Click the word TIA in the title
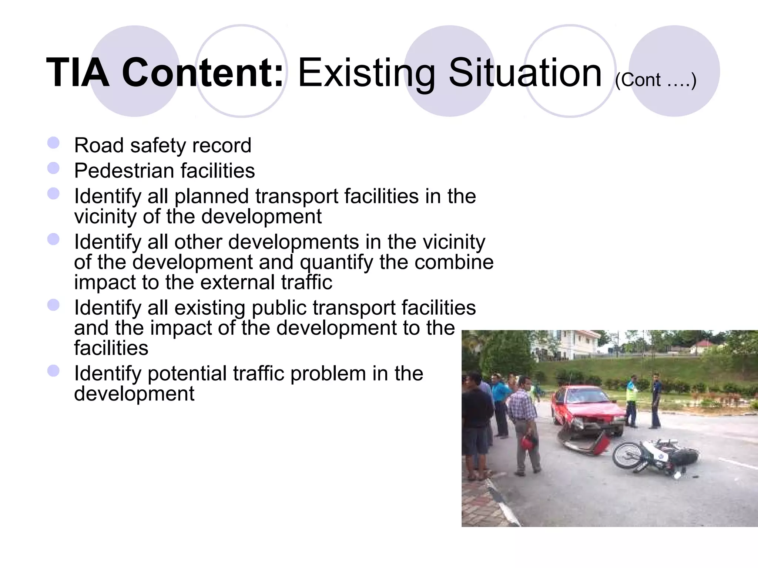pos(78,73)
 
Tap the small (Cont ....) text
pos(655,80)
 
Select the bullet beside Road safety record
pos(54,143)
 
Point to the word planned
pos(211,197)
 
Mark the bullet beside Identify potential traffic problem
pos(54,371)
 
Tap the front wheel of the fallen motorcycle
pos(627,456)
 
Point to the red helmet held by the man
pos(527,442)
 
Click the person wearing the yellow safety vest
pos(631,401)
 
